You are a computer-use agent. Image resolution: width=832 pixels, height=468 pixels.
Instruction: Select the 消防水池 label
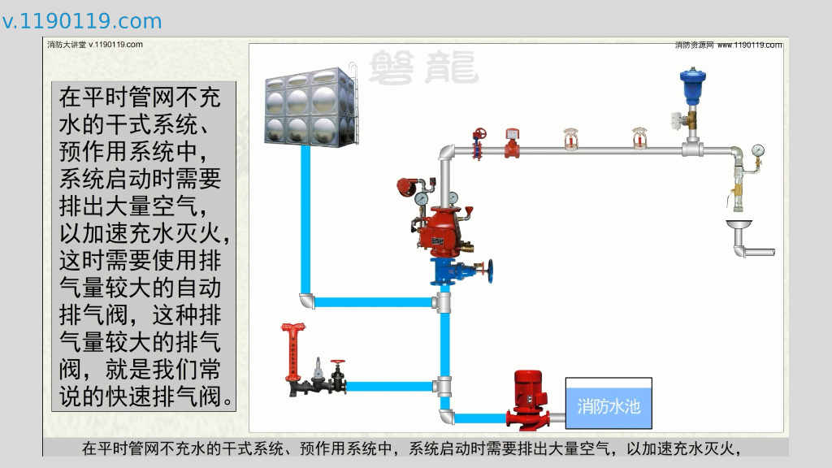(609, 405)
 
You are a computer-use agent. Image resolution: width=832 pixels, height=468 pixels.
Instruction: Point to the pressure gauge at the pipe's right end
(758, 151)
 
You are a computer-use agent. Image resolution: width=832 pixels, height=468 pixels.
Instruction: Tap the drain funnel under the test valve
(739, 225)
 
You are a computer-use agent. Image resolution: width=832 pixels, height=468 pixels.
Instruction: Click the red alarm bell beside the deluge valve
(405, 186)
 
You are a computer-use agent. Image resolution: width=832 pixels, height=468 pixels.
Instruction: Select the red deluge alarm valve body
(443, 229)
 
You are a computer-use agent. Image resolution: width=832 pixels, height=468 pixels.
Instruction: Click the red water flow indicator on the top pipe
(512, 141)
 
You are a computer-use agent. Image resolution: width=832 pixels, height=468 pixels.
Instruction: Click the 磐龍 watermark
(422, 68)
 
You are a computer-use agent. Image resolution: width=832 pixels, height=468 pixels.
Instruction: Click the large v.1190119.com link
(82, 21)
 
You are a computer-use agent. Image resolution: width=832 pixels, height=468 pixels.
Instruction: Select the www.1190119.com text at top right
(749, 45)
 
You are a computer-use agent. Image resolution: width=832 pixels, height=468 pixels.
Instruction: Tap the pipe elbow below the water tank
(307, 301)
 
